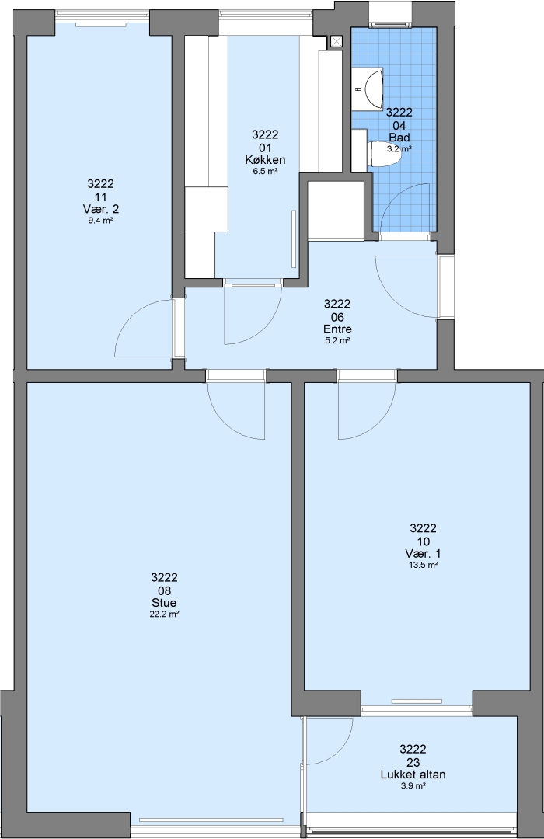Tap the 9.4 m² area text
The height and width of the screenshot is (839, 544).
(x=100, y=220)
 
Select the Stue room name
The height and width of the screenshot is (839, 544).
(x=164, y=603)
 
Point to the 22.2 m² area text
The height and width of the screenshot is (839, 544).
(x=164, y=614)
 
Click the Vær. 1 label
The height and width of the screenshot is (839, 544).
(x=423, y=554)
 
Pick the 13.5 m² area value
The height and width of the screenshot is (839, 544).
(x=423, y=565)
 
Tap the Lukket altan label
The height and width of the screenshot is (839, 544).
(x=413, y=775)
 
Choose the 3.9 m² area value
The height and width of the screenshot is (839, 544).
(x=413, y=785)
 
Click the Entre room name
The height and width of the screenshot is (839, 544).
(x=337, y=329)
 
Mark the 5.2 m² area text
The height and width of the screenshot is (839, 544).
(x=337, y=340)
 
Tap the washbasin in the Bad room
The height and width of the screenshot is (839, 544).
(x=373, y=88)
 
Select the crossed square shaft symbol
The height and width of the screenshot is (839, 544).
(x=337, y=41)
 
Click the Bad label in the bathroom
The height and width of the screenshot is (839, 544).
(x=399, y=138)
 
